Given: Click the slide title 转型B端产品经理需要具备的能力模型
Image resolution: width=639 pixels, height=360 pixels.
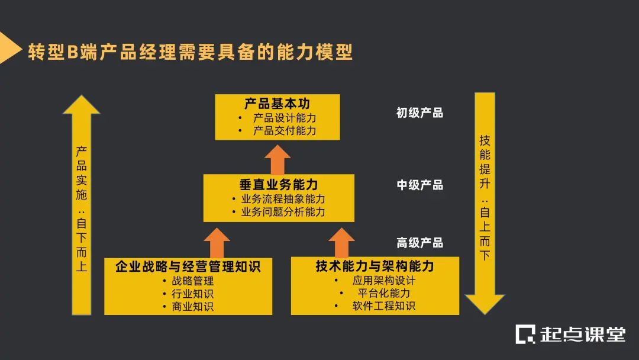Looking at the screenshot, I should pyautogui.click(x=190, y=52).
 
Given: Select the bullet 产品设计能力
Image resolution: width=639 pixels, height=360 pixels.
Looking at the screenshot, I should pyautogui.click(x=285, y=118).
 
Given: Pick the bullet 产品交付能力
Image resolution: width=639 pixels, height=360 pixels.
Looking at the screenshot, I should pyautogui.click(x=285, y=131).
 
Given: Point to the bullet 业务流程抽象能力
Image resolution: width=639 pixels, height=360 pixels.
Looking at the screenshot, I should pyautogui.click(x=283, y=199).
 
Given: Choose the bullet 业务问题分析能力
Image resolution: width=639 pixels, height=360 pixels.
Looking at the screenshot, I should pyautogui.click(x=283, y=212).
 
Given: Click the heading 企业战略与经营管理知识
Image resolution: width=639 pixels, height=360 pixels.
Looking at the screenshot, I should pyautogui.click(x=188, y=266).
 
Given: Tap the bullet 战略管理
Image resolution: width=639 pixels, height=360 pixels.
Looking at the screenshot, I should pyautogui.click(x=192, y=281).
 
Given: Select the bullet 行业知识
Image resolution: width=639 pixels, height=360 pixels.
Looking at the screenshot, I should pyautogui.click(x=192, y=294).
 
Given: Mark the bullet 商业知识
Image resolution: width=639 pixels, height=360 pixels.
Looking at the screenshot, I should pyautogui.click(x=192, y=307).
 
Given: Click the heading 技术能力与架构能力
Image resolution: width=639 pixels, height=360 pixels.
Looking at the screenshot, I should pyautogui.click(x=375, y=266).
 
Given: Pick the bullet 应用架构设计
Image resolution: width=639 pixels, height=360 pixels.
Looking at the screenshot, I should pyautogui.click(x=384, y=281).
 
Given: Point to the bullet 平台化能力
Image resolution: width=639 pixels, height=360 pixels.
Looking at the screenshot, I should pyautogui.click(x=384, y=293).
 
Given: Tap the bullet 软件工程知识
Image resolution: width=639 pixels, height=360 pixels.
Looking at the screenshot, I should pyautogui.click(x=384, y=306).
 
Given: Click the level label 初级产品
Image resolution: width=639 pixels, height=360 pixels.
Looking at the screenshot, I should pyautogui.click(x=419, y=112).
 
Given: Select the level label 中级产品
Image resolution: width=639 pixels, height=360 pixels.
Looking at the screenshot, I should pyautogui.click(x=419, y=185).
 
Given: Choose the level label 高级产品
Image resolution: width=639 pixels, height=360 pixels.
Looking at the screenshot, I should pyautogui.click(x=419, y=243).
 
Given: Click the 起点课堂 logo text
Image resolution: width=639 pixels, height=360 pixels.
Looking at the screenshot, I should pyautogui.click(x=582, y=334).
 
